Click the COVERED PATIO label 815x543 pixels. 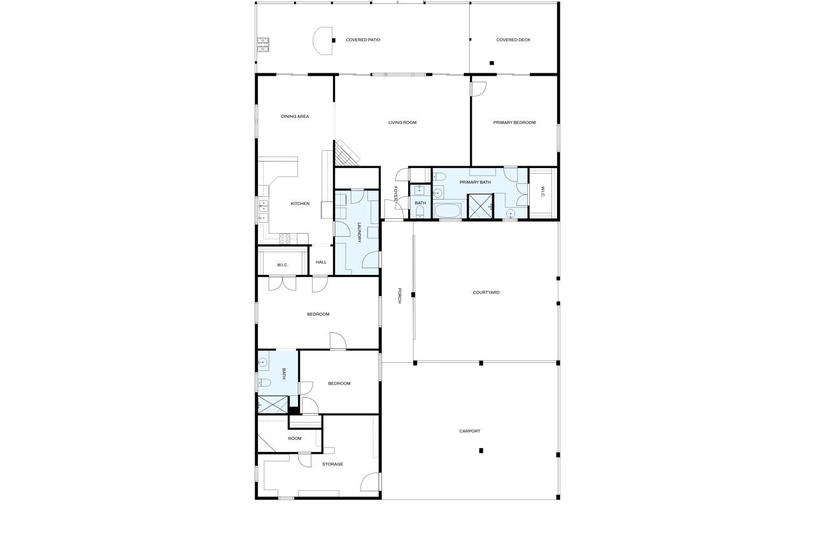point(363,40)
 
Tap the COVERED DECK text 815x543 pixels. point(513,40)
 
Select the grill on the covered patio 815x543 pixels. point(263,44)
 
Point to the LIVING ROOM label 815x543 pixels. point(402,122)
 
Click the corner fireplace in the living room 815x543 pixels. point(346,153)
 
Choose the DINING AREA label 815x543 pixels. point(295,116)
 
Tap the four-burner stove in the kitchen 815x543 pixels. point(285,239)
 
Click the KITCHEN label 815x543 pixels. point(300,204)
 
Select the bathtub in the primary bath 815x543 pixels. point(447,210)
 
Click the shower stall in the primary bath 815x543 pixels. point(480,206)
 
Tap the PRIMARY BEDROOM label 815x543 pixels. point(514,122)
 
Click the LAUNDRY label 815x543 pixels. point(359,232)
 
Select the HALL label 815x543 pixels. point(321,262)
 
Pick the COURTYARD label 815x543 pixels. point(486,293)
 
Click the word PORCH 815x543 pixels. point(399,295)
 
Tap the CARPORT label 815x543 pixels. point(470,431)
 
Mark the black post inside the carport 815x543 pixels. point(481,451)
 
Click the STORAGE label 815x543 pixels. point(332,464)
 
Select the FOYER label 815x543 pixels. point(395,194)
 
